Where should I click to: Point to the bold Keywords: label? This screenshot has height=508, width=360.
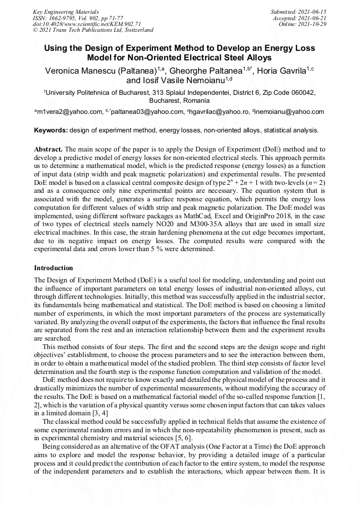(x=51, y=130)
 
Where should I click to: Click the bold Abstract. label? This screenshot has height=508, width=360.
(x=48, y=150)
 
